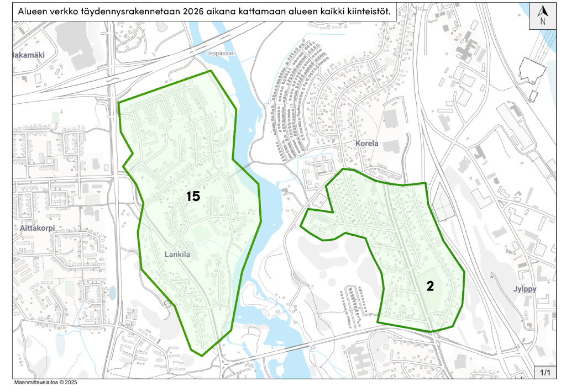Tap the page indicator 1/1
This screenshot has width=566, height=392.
coord(545,373)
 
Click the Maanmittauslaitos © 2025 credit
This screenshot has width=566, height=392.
coord(45,382)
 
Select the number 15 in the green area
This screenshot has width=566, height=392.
coord(192,196)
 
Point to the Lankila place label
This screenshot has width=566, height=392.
coord(177,255)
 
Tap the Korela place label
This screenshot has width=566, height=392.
coord(366,144)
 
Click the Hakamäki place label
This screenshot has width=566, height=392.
coord(28,55)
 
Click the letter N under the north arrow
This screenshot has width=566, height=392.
coord(543,22)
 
